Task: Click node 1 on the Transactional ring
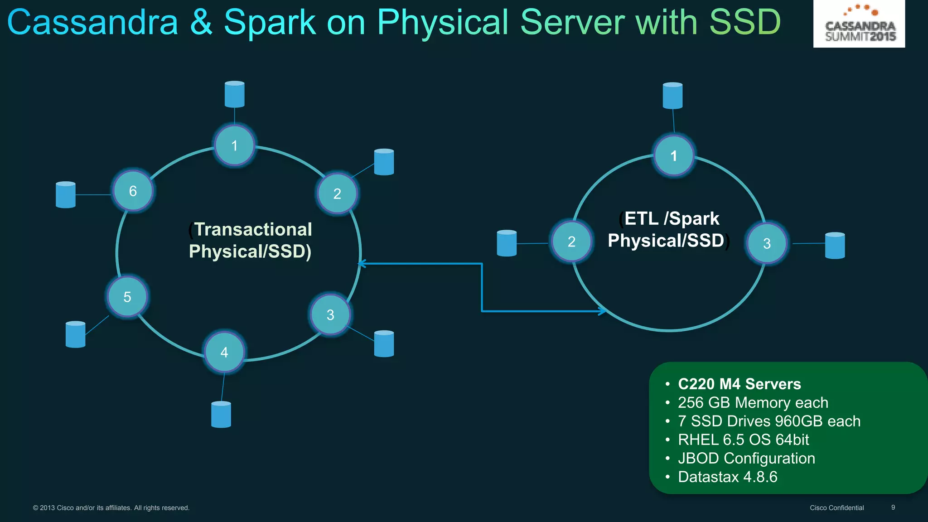(234, 145)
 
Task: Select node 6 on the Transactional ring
(133, 191)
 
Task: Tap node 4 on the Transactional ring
(224, 352)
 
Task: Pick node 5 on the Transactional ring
(127, 297)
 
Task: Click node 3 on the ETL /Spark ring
(767, 243)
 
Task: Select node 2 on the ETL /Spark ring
(571, 241)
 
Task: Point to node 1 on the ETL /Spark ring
(674, 155)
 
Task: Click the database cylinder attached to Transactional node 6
(66, 195)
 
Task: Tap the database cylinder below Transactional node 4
(221, 414)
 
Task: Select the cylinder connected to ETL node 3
(835, 246)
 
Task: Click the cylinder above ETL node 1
(672, 96)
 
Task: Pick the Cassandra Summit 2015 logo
(859, 24)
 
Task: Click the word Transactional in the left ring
(253, 229)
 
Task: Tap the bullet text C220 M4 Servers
(739, 384)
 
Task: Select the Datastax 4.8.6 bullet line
(727, 477)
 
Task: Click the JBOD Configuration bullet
(746, 458)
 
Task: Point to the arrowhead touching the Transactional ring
(361, 264)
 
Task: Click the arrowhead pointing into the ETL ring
(603, 311)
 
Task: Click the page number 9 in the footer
(893, 507)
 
